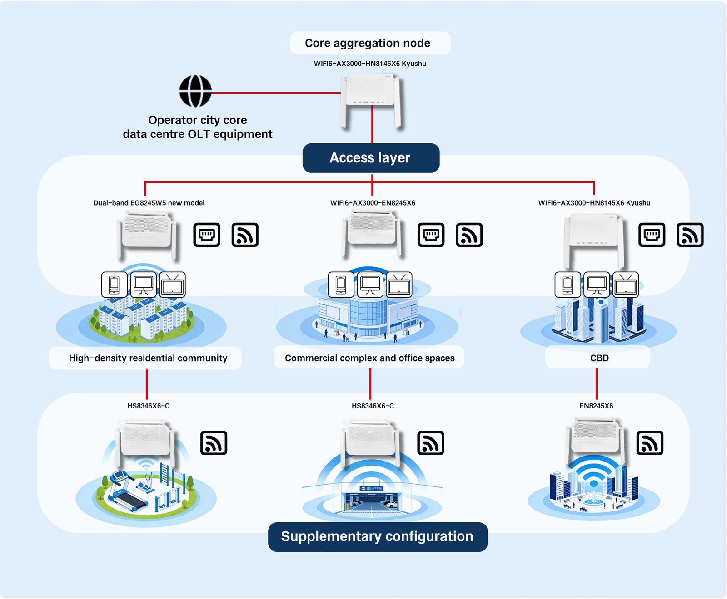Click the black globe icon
(x=195, y=91)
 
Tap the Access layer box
(x=371, y=158)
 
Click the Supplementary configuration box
(x=378, y=537)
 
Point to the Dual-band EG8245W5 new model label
(x=149, y=203)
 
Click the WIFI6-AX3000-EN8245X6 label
(x=373, y=203)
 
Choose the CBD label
(x=599, y=358)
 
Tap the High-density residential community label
(x=148, y=358)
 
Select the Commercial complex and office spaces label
(x=369, y=358)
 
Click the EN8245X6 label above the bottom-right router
(x=596, y=406)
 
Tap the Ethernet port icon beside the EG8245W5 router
(x=207, y=235)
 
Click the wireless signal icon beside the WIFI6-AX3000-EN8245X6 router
(x=469, y=235)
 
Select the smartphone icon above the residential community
(x=114, y=285)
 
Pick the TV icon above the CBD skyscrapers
(x=626, y=285)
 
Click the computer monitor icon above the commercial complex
(x=370, y=285)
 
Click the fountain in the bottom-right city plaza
(x=593, y=498)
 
